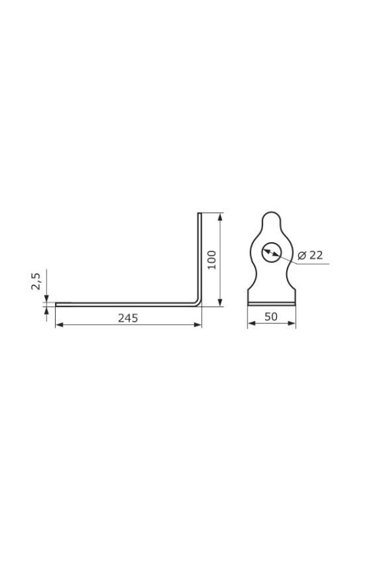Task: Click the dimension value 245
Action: click(127, 318)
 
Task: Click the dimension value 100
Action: click(212, 260)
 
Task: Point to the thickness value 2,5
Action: click(36, 281)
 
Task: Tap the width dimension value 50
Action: click(271, 317)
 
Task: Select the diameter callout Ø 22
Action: click(311, 255)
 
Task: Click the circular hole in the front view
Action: click(271, 252)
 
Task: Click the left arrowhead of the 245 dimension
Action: click(59, 324)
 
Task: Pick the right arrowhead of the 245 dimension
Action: click(197, 324)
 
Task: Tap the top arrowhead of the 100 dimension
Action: click(220, 217)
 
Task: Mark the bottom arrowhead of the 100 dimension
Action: click(220, 302)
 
